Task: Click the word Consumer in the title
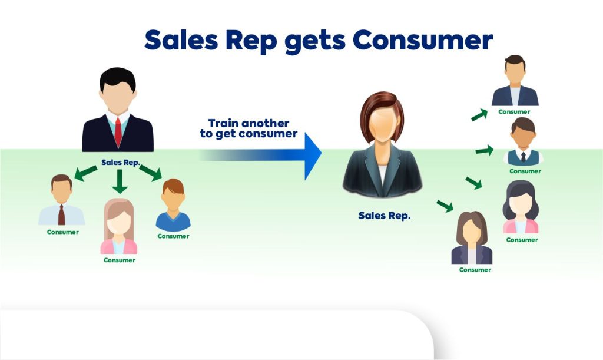point(423,40)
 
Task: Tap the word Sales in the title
point(181,40)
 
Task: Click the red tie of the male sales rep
point(118,131)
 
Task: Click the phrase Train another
point(249,123)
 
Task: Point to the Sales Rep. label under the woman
point(384,216)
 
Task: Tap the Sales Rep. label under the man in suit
point(120,162)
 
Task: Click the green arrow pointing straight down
point(120,181)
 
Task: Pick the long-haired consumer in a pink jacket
point(119,226)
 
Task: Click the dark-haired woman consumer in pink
point(521,207)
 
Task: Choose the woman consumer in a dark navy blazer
point(472,237)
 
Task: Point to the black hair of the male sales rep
point(118,78)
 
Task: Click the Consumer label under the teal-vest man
point(525,171)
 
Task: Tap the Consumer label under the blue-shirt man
point(173,236)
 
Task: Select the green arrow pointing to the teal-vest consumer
point(485,150)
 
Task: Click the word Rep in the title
point(251,41)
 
